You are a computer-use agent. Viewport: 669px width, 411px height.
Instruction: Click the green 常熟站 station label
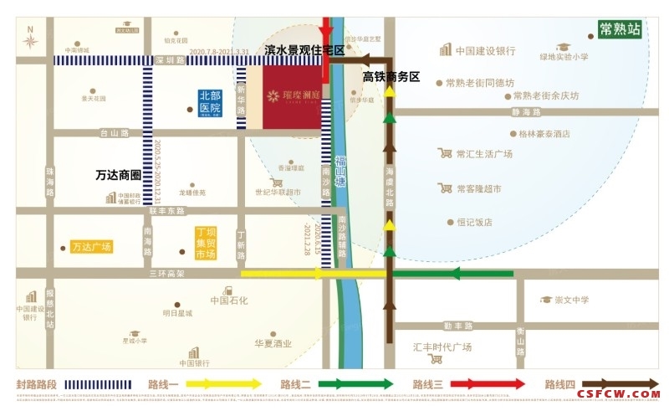point(620,29)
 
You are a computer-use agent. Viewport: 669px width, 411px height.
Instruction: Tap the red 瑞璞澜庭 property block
point(292,98)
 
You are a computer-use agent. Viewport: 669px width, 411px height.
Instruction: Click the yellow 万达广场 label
point(91,247)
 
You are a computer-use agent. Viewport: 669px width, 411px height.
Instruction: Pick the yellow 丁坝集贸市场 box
point(206,242)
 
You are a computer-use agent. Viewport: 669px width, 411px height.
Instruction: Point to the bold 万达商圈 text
point(117,176)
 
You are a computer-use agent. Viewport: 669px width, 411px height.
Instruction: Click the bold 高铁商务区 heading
point(391,77)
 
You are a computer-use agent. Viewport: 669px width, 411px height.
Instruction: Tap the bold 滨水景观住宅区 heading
point(304,51)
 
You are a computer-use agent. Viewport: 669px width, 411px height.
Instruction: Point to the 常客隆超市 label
point(477,189)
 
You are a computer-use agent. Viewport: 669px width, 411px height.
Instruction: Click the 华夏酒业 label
point(273,343)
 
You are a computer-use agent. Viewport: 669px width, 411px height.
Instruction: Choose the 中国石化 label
point(228,301)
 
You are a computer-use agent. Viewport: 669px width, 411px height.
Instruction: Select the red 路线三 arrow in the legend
point(491,384)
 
